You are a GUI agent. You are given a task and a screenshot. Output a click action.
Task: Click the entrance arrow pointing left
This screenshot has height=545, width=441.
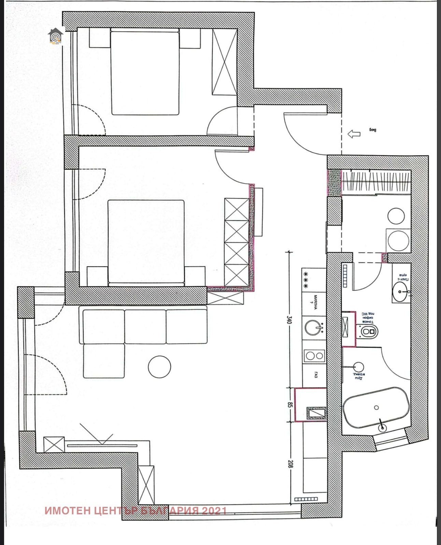click(x=354, y=134)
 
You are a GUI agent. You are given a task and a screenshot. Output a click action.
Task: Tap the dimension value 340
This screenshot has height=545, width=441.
click(x=289, y=320)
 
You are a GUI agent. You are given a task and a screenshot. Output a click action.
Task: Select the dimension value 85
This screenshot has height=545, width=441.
click(x=290, y=405)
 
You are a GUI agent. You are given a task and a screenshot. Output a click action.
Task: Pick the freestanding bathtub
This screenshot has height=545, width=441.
click(x=376, y=408)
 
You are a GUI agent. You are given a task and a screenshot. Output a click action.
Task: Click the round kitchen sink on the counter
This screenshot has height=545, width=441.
click(x=314, y=328)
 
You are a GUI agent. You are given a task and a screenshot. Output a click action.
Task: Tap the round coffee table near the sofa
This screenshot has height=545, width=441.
click(x=159, y=367)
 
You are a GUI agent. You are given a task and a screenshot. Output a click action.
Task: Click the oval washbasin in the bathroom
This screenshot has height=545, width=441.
click(x=401, y=292)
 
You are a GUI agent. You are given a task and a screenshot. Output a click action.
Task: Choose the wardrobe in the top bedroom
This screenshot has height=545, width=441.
click(x=224, y=62)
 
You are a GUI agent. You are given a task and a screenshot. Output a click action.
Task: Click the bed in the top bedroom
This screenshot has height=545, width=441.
click(x=145, y=72)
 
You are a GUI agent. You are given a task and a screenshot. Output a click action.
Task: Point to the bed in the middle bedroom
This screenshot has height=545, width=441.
click(x=146, y=242)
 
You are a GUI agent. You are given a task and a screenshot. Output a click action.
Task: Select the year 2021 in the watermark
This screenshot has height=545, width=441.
click(x=214, y=511)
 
